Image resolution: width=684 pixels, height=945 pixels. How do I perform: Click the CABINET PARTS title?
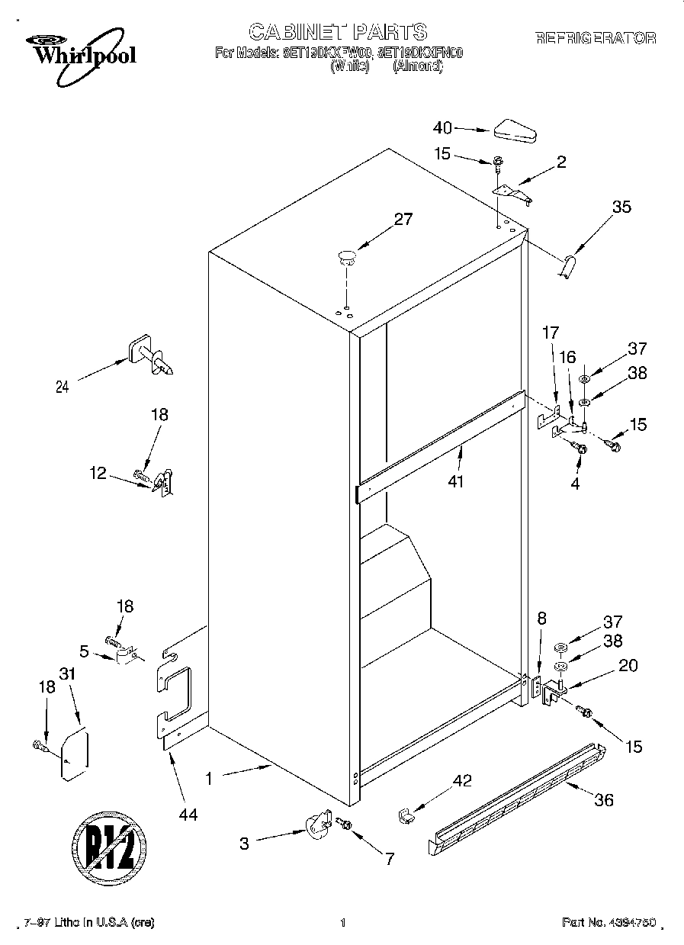coord(338,31)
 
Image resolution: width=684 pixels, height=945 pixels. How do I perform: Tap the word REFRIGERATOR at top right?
coord(596,38)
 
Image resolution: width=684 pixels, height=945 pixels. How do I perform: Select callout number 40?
coord(442,128)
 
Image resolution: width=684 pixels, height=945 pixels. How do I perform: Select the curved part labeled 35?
coord(568,267)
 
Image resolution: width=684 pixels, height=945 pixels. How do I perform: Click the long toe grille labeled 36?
coord(519,797)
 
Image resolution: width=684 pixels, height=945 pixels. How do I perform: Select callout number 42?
coord(462,780)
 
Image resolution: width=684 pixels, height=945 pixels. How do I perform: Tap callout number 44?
coord(188,815)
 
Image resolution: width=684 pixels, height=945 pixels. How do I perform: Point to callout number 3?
coord(244,844)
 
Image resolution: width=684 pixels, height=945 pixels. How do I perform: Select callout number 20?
coord(628,665)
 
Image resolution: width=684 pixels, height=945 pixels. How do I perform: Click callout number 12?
coord(98,473)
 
